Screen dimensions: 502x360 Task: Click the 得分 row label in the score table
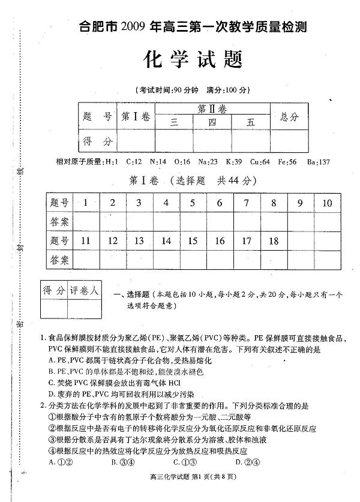[x=98, y=142]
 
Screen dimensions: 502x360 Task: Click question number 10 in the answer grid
[x=326, y=203]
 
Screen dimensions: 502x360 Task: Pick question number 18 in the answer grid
[x=274, y=241]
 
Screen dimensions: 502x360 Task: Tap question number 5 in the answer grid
[x=193, y=203]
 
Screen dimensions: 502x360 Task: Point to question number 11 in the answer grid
[x=85, y=241]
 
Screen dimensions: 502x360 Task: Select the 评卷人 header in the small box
[x=86, y=291]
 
